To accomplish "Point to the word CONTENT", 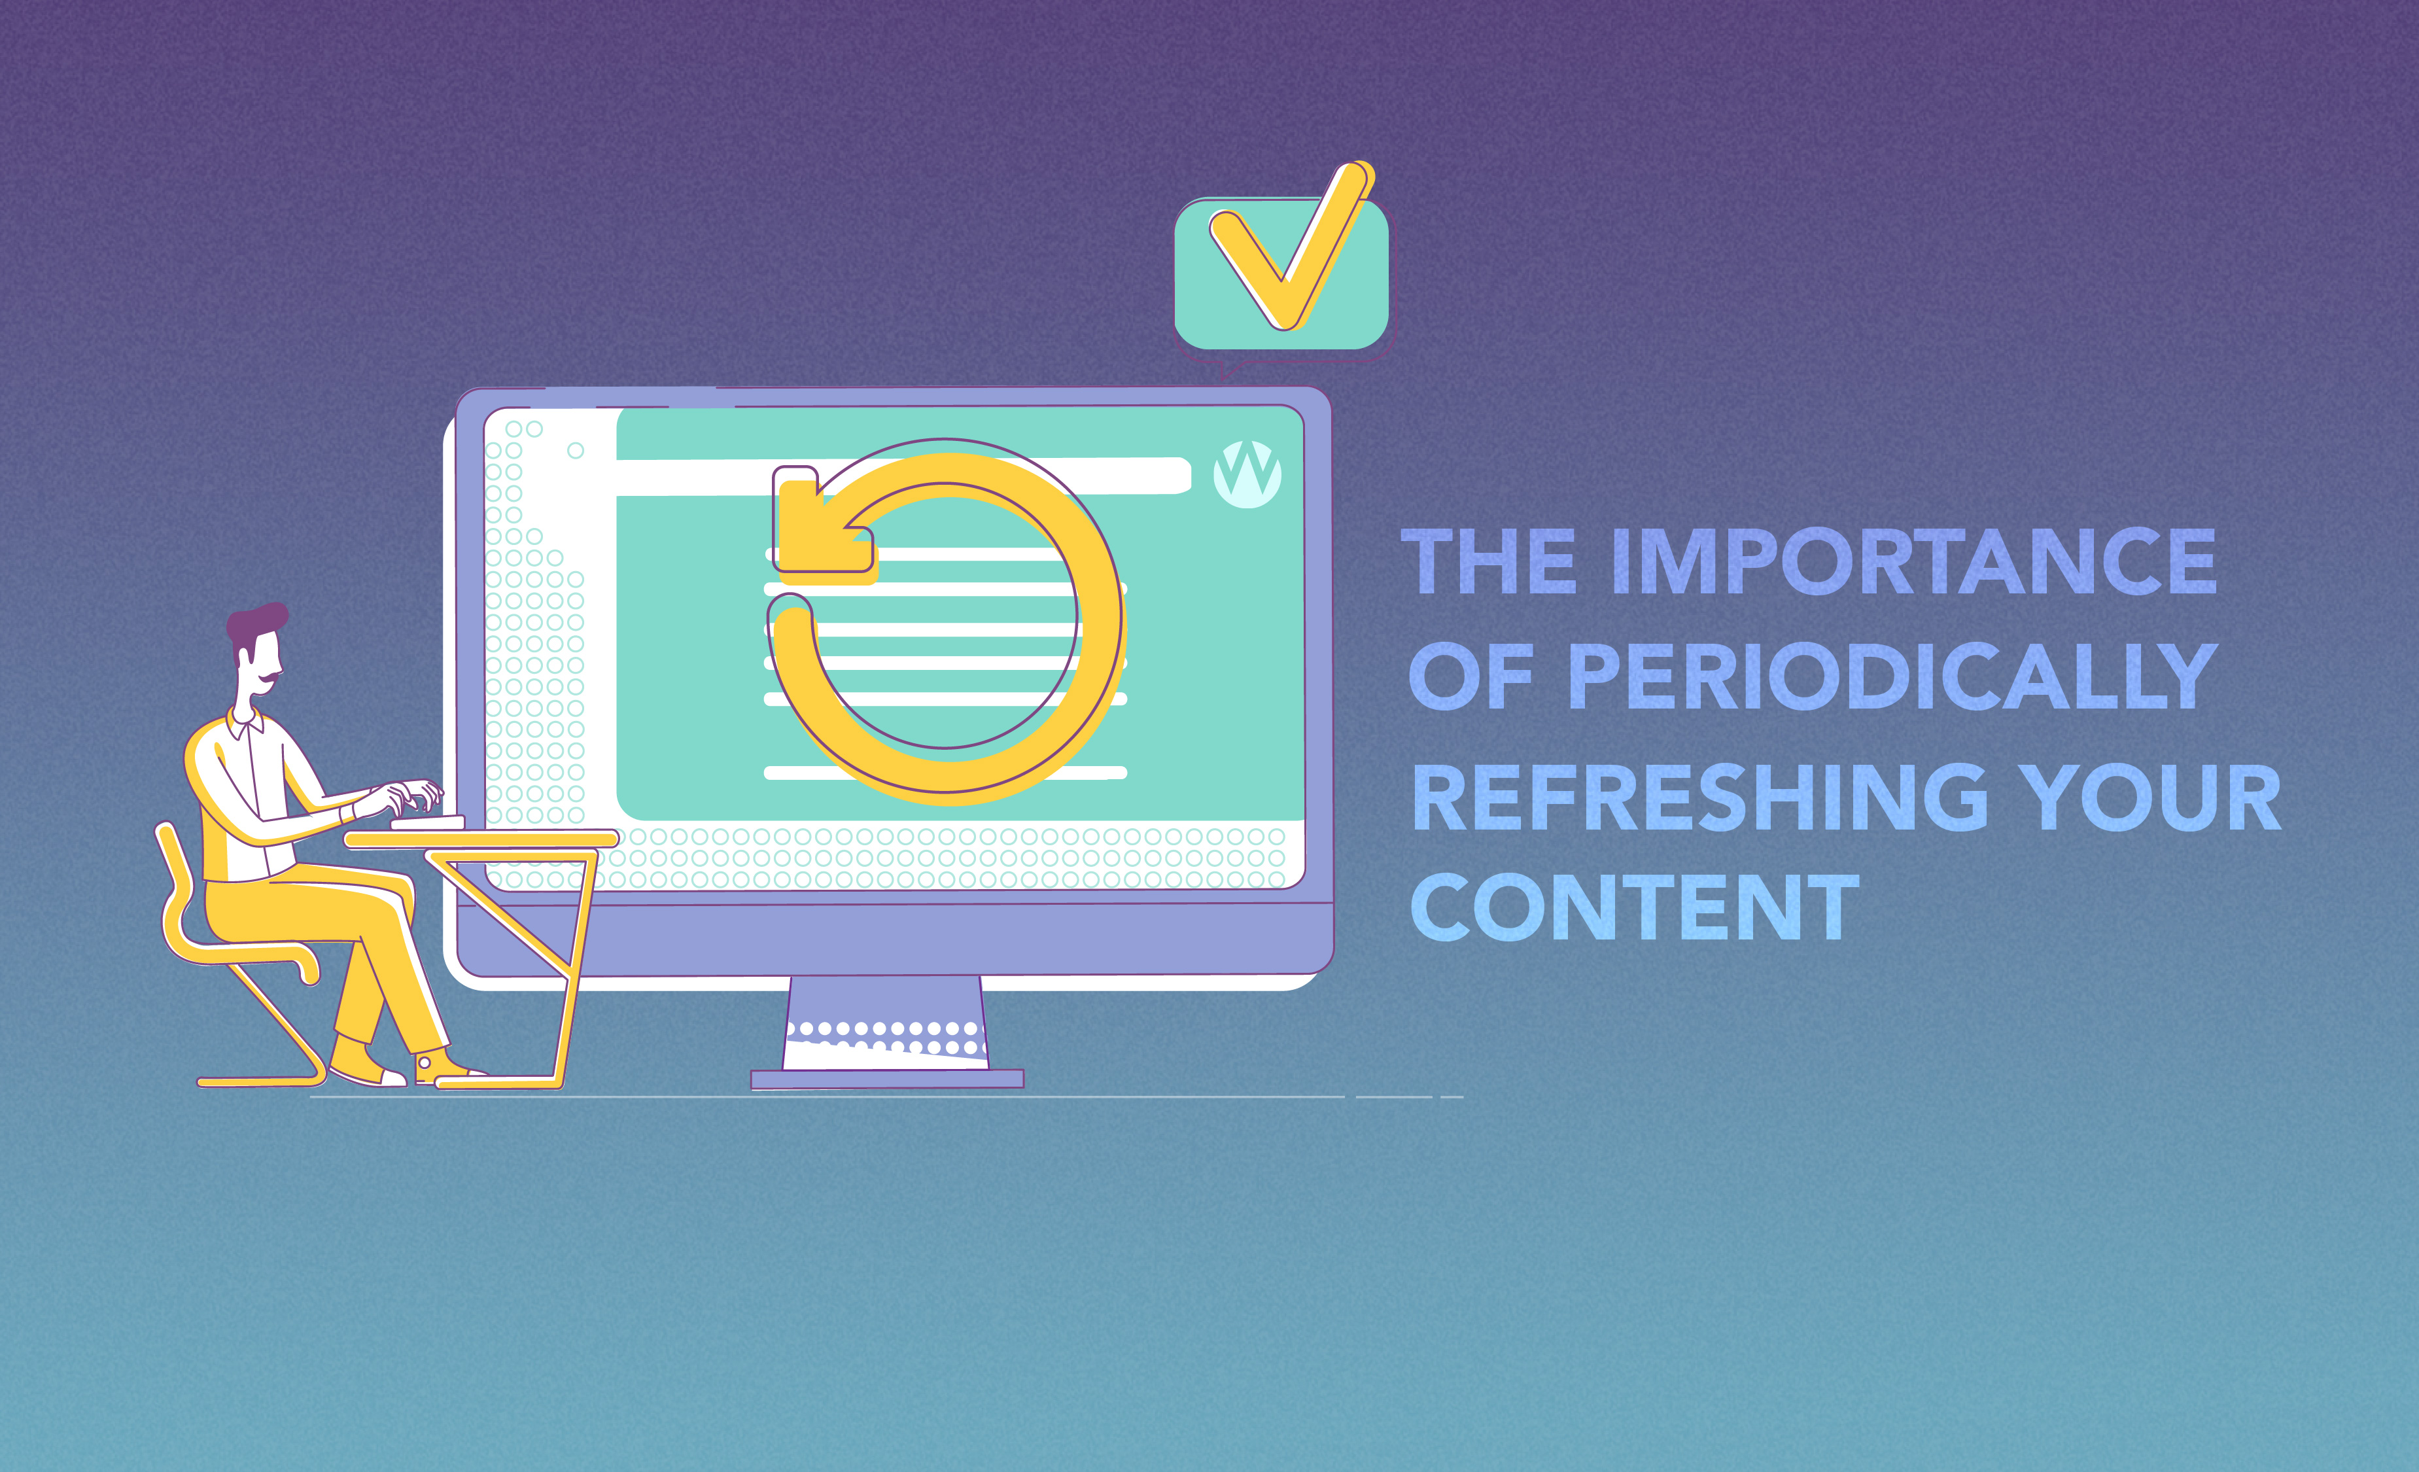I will (x=1635, y=908).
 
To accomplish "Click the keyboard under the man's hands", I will (x=428, y=822).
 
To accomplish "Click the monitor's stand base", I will (x=886, y=1078).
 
